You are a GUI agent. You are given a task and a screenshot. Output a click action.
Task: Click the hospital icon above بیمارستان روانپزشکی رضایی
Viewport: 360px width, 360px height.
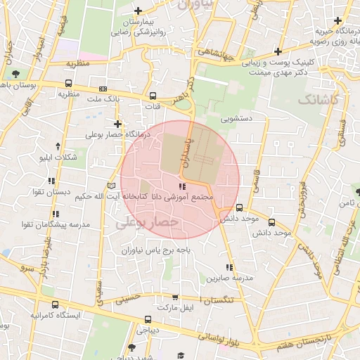pyautogui.click(x=139, y=11)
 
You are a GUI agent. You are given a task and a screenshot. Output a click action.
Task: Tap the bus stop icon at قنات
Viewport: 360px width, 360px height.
pyautogui.click(x=153, y=96)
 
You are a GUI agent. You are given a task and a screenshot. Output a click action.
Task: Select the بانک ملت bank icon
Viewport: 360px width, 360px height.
pyautogui.click(x=104, y=89)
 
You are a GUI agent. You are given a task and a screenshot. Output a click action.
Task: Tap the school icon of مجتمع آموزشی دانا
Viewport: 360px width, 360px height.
pyautogui.click(x=183, y=187)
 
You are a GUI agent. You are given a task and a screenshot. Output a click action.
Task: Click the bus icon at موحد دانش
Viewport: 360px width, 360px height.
pyautogui.click(x=240, y=207)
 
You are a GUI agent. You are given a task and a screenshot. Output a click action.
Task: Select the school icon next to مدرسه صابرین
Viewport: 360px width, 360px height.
pyautogui.click(x=229, y=267)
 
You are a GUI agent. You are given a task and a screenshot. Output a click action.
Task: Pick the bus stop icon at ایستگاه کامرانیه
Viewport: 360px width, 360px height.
pyautogui.click(x=55, y=304)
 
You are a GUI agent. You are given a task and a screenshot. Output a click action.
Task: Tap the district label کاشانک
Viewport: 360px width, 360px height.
pyautogui.click(x=318, y=100)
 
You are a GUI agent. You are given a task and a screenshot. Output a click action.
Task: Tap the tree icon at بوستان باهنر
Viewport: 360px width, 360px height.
pyautogui.click(x=15, y=74)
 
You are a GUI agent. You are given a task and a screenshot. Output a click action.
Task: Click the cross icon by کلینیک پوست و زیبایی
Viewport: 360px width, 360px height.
pyautogui.click(x=279, y=51)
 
